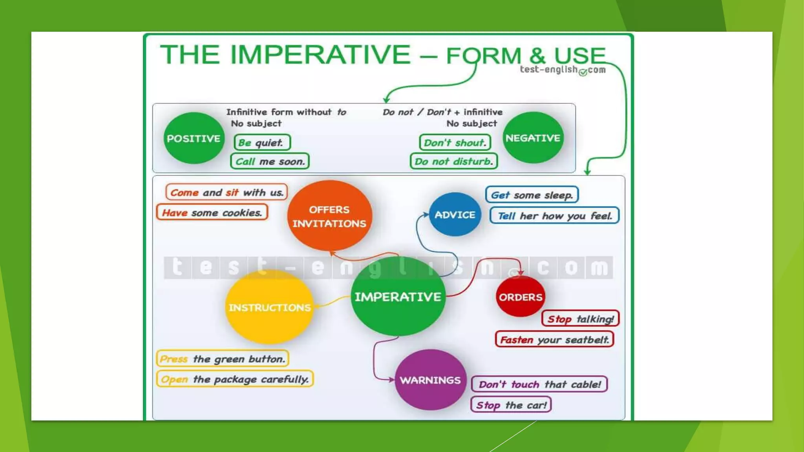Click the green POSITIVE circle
(x=194, y=138)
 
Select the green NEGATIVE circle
(x=533, y=138)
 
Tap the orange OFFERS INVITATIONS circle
(x=329, y=216)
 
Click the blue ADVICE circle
(x=455, y=215)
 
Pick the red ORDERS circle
(x=520, y=297)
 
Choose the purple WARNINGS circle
(x=430, y=380)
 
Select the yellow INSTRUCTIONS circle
(x=269, y=307)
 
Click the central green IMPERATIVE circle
(x=398, y=297)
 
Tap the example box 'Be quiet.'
(x=262, y=142)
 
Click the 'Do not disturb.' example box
(x=454, y=161)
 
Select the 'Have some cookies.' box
(x=212, y=213)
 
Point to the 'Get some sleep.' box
(x=532, y=195)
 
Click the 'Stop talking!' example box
(x=580, y=319)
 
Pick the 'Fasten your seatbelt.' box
(x=554, y=339)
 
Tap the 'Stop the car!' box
(x=511, y=405)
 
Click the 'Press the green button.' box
(x=223, y=359)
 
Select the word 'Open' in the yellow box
(x=174, y=379)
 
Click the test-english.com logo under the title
(x=563, y=70)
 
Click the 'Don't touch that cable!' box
(x=539, y=384)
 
